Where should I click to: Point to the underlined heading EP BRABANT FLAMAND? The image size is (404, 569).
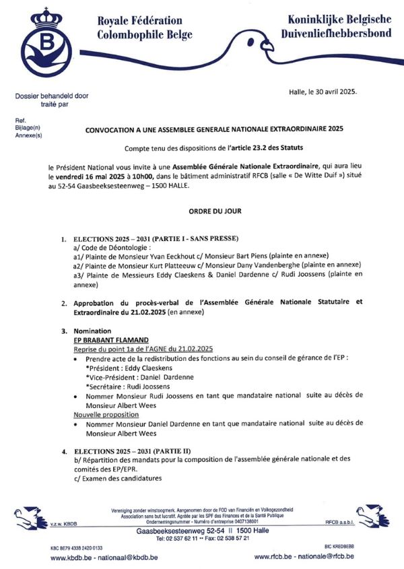(x=111, y=340)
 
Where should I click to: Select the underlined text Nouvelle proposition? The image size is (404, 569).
(x=106, y=414)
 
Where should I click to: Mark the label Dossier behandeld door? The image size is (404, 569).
(x=52, y=96)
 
